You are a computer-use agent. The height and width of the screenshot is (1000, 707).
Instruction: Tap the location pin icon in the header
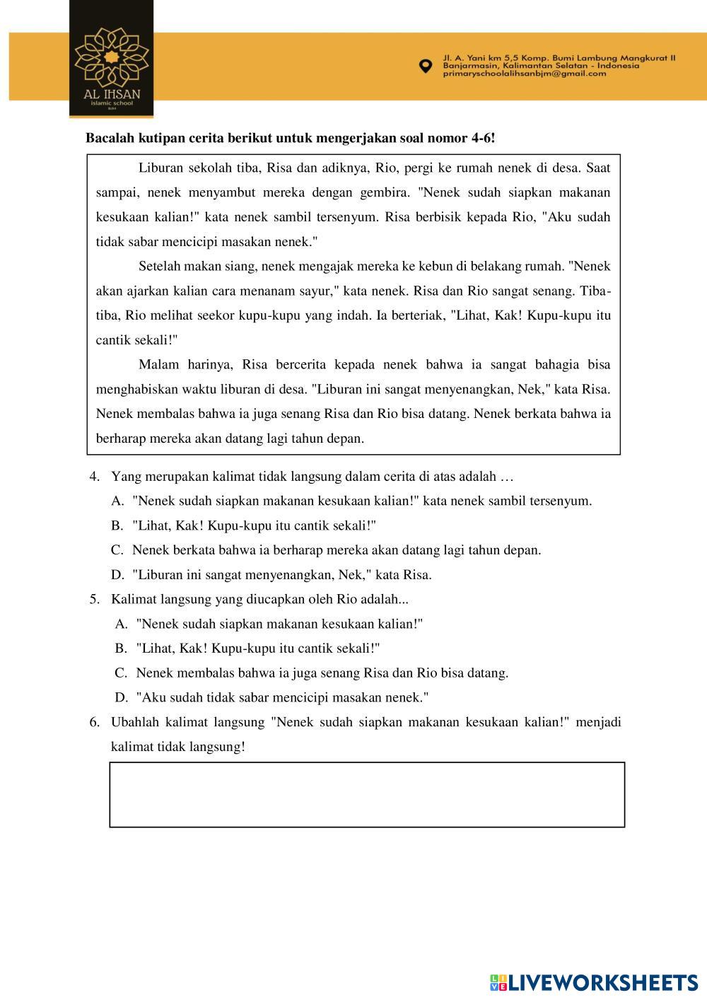426,66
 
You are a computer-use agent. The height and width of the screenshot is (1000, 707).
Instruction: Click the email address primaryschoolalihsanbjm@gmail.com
525,74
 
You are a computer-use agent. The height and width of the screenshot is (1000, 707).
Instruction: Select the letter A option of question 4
117,501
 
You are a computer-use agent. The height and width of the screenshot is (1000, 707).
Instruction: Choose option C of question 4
117,550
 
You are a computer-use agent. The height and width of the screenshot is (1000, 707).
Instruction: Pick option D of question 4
117,574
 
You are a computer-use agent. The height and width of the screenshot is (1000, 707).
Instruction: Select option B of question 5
121,648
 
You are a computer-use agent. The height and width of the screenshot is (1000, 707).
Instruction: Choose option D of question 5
121,697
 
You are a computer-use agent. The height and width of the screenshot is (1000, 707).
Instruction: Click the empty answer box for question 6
367,794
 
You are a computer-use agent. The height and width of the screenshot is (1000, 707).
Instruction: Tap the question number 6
94,722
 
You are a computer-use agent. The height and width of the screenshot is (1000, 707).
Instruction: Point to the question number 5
94,599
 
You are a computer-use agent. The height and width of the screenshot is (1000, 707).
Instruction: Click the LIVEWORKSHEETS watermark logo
593,982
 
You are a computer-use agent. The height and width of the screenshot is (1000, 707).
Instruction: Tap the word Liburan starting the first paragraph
161,168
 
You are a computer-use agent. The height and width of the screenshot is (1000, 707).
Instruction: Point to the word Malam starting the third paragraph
158,365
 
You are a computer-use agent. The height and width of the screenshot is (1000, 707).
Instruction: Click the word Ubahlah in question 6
134,722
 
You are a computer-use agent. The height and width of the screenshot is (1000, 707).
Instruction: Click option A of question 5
121,624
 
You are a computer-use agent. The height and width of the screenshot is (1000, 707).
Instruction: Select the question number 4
94,477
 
